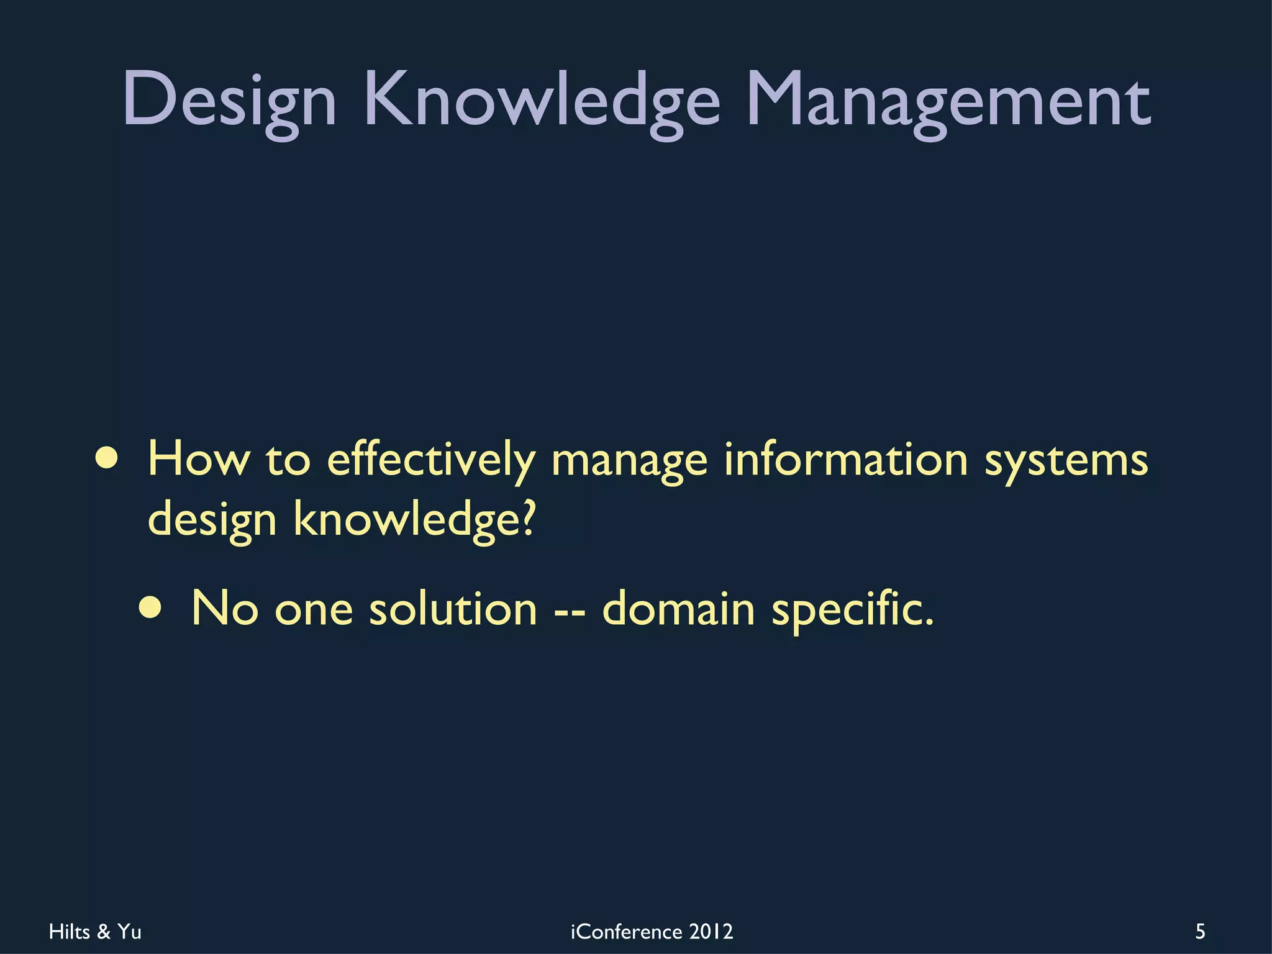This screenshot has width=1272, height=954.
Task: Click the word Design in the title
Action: (229, 99)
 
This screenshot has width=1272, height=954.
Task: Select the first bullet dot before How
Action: (107, 458)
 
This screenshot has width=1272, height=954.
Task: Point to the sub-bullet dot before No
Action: (151, 608)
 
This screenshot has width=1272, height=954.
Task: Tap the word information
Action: (846, 459)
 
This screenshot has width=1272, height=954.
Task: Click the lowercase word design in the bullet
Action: (212, 520)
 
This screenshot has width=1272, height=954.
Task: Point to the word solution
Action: (453, 608)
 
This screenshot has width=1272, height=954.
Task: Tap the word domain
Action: (679, 608)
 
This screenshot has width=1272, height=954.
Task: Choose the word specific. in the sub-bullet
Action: (852, 609)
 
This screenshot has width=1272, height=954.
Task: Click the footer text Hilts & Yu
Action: (95, 932)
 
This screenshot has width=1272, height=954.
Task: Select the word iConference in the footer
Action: (626, 932)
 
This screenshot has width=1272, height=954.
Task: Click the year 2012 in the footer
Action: (711, 932)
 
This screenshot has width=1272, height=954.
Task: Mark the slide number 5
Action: (1200, 932)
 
